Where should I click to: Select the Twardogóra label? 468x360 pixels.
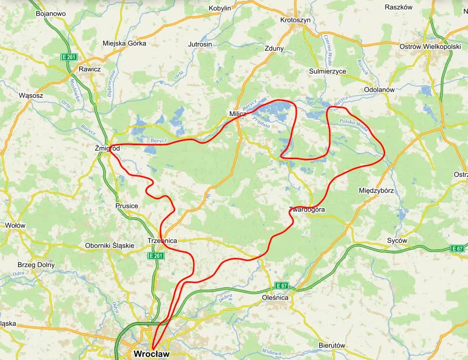pos(307,210)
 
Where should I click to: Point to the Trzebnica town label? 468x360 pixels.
pos(162,240)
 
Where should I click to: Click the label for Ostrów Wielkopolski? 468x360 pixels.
pos(430,46)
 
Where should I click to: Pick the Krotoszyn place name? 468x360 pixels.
pos(296,20)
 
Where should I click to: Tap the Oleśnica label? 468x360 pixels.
pos(275,297)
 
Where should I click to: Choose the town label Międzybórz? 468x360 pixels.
pos(376,190)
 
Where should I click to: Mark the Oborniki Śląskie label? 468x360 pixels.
pos(109,245)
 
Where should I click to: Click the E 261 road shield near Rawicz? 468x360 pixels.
pos(69,57)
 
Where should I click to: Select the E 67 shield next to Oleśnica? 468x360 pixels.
pos(282,285)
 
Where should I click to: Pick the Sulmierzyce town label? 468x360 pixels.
pos(327,71)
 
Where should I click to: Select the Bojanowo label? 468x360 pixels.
pos(51,14)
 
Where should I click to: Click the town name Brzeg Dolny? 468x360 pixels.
pos(36,265)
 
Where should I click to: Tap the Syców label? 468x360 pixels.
pos(397,240)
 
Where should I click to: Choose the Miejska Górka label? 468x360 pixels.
pos(124,43)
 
